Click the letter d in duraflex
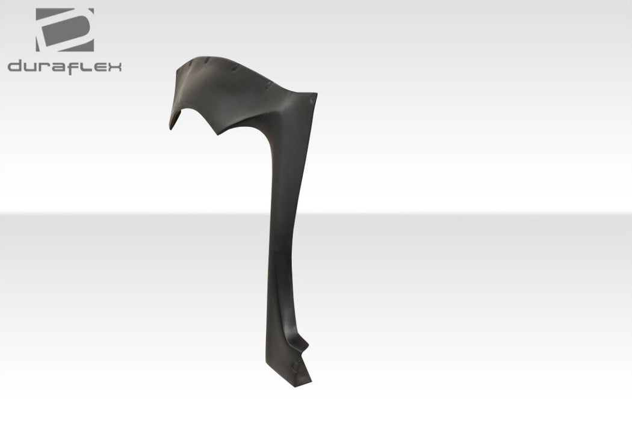pos(14,67)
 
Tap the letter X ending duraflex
pos(114,68)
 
